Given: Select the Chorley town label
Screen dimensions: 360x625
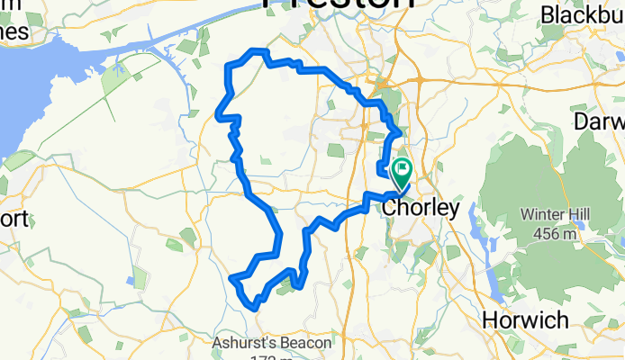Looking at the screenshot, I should tap(421, 208).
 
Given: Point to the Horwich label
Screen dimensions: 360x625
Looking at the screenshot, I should tap(525, 319).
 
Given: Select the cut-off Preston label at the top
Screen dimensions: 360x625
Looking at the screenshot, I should tap(339, 4).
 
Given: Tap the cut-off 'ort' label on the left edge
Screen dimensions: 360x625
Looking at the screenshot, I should tap(15, 219).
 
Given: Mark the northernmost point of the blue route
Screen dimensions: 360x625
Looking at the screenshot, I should tap(258, 50).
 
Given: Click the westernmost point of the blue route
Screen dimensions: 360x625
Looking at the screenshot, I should tap(217, 114).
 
